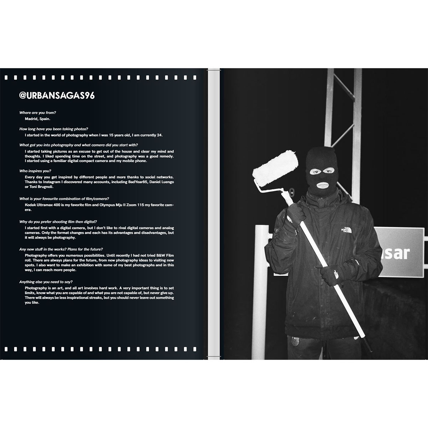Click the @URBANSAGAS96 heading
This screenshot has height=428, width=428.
(x=57, y=96)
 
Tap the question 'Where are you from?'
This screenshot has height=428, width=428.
(x=37, y=113)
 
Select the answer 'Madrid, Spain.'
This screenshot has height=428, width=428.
(x=37, y=119)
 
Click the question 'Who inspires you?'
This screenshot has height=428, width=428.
(x=35, y=171)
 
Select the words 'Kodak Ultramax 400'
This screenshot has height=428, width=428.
(x=42, y=205)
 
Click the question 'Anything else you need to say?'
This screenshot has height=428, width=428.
(x=46, y=282)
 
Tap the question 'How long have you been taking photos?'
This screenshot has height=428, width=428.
(x=54, y=129)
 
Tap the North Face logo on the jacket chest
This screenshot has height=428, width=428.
(x=346, y=230)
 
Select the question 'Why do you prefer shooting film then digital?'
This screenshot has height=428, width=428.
(x=58, y=221)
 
